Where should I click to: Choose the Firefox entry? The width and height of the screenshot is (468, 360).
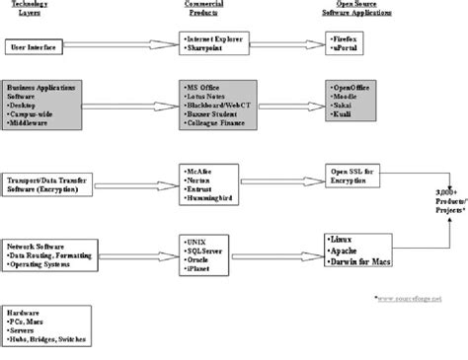(350, 37)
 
